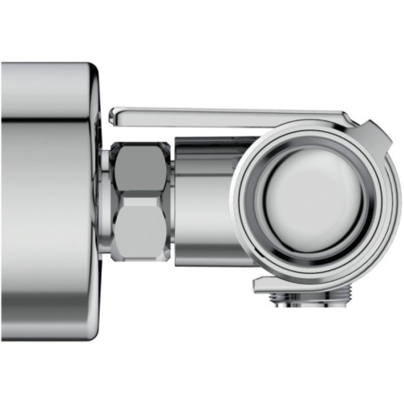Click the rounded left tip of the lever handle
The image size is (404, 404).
pyautogui.click(x=115, y=116)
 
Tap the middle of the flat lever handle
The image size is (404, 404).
pyautogui.click(x=224, y=114)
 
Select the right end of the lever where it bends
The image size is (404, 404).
pyautogui.click(x=346, y=117)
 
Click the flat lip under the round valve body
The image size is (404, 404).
pyautogui.click(x=269, y=285)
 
